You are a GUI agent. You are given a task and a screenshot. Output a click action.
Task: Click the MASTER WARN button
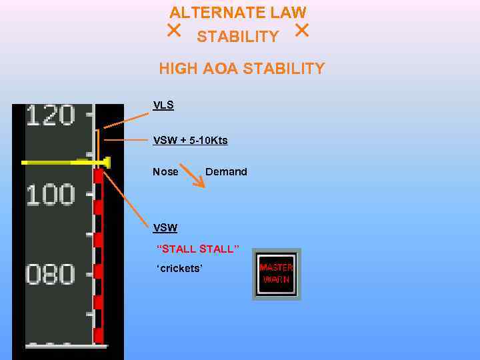[277, 274]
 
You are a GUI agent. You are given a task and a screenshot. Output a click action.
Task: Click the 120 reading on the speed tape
[51, 116]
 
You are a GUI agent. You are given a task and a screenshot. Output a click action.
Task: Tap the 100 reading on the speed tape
[51, 195]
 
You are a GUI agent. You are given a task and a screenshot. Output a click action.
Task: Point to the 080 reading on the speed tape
[51, 275]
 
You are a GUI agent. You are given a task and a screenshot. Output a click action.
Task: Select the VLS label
[163, 105]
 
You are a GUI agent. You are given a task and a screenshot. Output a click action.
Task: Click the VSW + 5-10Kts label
[190, 140]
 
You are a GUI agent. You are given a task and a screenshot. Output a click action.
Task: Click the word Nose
[165, 171]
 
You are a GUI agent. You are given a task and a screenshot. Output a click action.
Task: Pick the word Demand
[226, 171]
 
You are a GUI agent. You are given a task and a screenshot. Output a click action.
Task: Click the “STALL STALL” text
[197, 249]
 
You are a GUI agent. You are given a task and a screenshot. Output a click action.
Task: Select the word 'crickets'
[179, 269]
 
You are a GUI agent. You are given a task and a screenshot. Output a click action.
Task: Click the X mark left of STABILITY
[174, 30]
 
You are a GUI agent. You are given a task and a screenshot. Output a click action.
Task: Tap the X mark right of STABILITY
[301, 30]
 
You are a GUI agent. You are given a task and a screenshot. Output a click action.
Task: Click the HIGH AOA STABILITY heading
[241, 69]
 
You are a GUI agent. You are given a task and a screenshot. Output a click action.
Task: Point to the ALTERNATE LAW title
[237, 12]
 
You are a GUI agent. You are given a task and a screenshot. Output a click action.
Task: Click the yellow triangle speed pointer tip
[107, 162]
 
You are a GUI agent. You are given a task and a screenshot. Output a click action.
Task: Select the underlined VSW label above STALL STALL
[165, 227]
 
